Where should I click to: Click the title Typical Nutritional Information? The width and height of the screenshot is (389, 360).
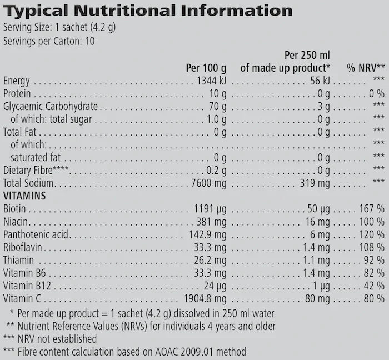[x=148, y=11]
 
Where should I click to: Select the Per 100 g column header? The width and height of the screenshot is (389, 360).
[x=206, y=68]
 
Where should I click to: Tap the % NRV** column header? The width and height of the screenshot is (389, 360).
[x=366, y=68]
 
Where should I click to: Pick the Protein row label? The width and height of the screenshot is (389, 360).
[x=17, y=94]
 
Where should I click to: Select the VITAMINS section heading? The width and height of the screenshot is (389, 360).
[x=24, y=196]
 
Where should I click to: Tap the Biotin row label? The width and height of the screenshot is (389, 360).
[x=14, y=209]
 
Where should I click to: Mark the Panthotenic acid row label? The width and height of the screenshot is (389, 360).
[x=36, y=234]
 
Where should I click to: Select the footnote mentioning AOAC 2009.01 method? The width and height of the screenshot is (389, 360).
[x=125, y=352]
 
